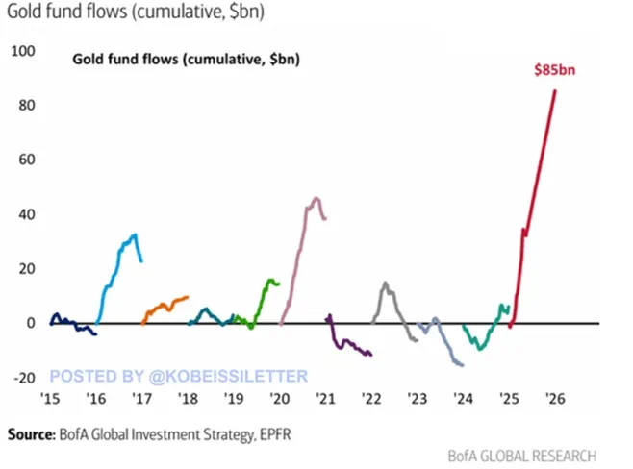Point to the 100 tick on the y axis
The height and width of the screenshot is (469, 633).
(21, 48)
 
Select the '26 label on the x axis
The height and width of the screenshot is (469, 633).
(553, 398)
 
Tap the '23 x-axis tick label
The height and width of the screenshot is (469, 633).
(416, 398)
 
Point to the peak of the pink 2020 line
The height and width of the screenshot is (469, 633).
(316, 199)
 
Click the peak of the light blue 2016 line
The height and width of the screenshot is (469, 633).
(135, 234)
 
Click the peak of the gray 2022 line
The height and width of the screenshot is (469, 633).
(385, 284)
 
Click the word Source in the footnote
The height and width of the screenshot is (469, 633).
(30, 434)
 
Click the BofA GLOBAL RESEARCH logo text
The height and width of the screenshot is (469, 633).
(521, 456)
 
